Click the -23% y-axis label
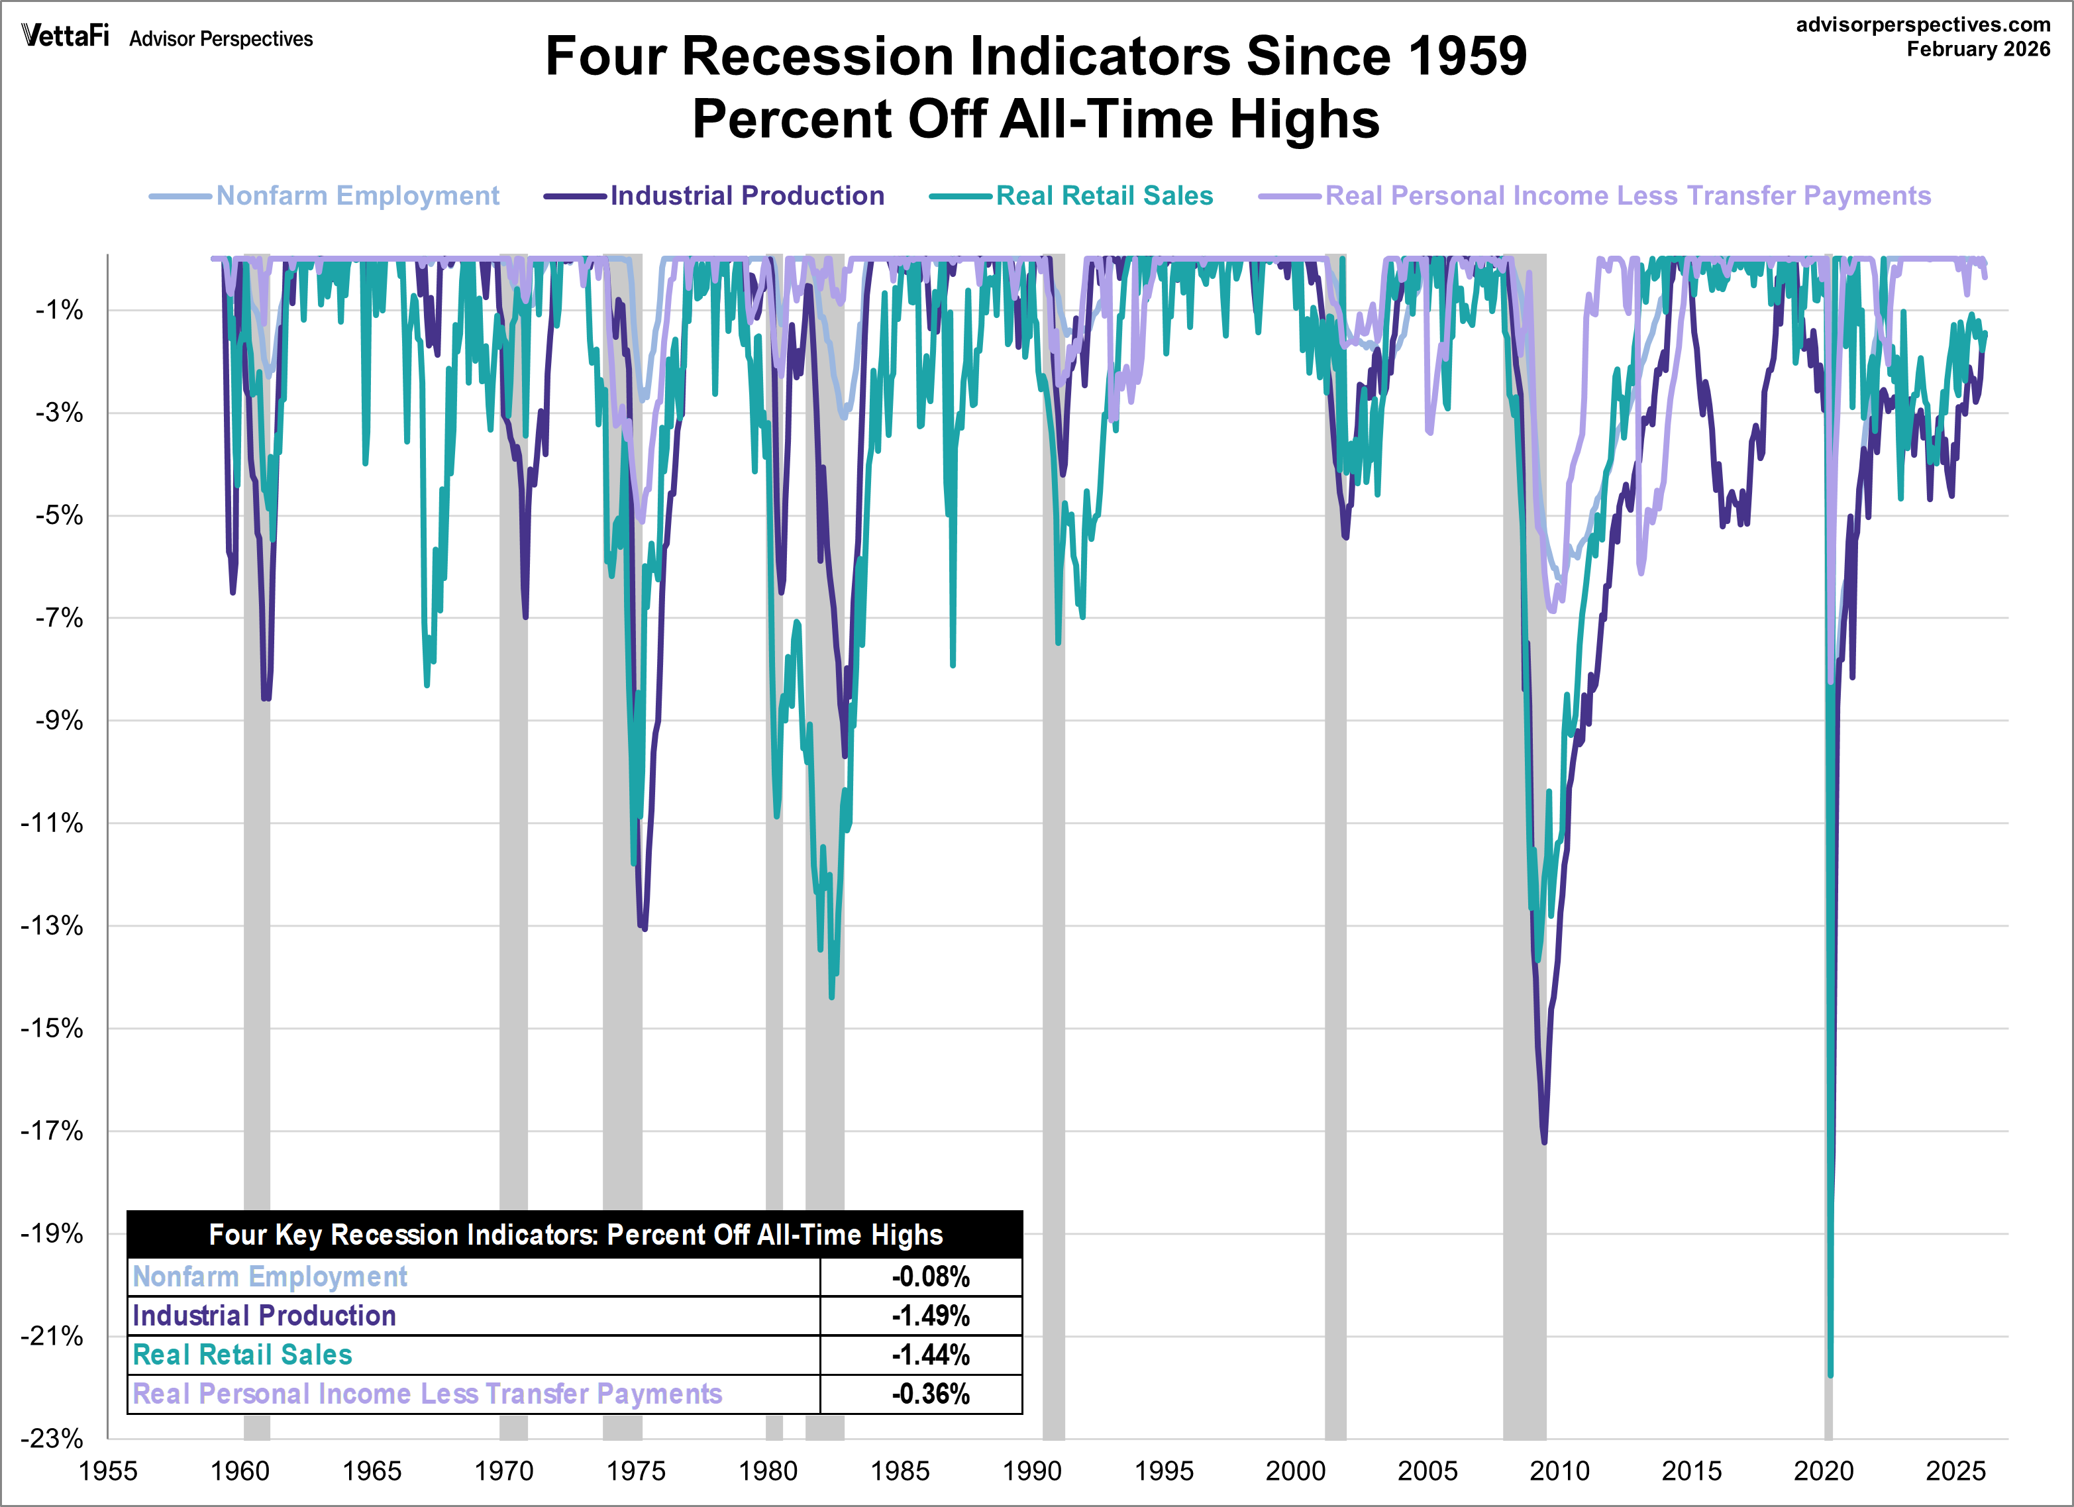[x=52, y=1438]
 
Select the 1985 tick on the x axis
[x=899, y=1471]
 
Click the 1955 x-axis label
[x=108, y=1471]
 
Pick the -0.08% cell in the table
[x=930, y=1276]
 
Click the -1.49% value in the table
[x=930, y=1316]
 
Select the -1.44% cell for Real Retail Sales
[x=930, y=1354]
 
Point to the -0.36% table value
[x=930, y=1394]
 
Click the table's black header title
[x=574, y=1235]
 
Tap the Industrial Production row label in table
[x=264, y=1316]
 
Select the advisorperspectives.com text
[x=1922, y=25]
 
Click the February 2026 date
[x=1977, y=50]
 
